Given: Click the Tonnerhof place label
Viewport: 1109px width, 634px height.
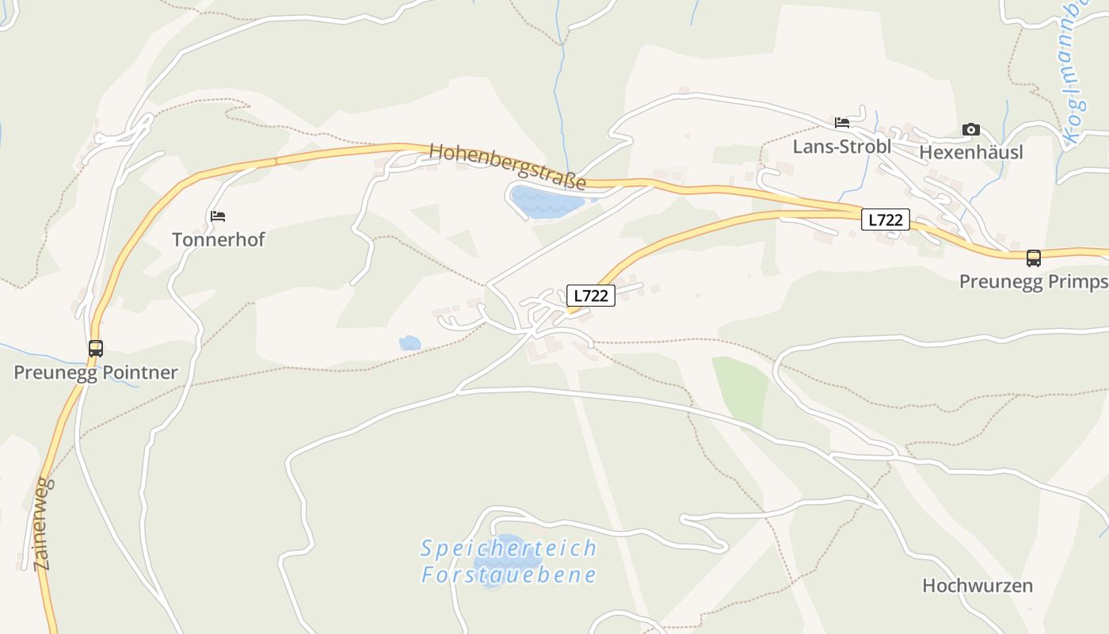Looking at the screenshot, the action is point(218,239).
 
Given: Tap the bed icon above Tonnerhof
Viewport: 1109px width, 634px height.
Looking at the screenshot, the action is point(218,216).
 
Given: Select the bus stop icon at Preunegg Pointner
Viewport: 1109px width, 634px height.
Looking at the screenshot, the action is point(96,348).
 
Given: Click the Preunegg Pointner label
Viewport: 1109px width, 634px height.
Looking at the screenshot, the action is point(95,372).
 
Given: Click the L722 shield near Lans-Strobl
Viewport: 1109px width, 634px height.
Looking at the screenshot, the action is point(885,220).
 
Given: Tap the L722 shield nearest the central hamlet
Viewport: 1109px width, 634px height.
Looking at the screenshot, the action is point(591,296).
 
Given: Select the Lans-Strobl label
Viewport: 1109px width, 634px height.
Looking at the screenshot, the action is point(842,147).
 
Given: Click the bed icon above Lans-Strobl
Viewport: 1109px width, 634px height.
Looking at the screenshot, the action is point(842,123).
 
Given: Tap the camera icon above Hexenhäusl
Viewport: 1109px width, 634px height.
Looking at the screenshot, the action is point(970,129).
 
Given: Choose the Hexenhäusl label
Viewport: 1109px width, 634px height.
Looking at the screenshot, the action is point(970,151).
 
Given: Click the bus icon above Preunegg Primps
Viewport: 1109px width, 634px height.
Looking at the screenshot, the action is point(1034,258).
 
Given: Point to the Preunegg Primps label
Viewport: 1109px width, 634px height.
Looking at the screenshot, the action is point(1033,281).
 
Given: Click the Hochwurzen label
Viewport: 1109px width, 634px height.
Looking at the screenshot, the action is point(978,586).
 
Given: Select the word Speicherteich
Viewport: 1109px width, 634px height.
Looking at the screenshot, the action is point(508,548).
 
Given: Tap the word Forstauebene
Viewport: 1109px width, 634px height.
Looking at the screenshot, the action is point(508,575).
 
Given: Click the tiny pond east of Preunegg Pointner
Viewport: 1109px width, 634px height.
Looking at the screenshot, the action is point(410,343).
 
